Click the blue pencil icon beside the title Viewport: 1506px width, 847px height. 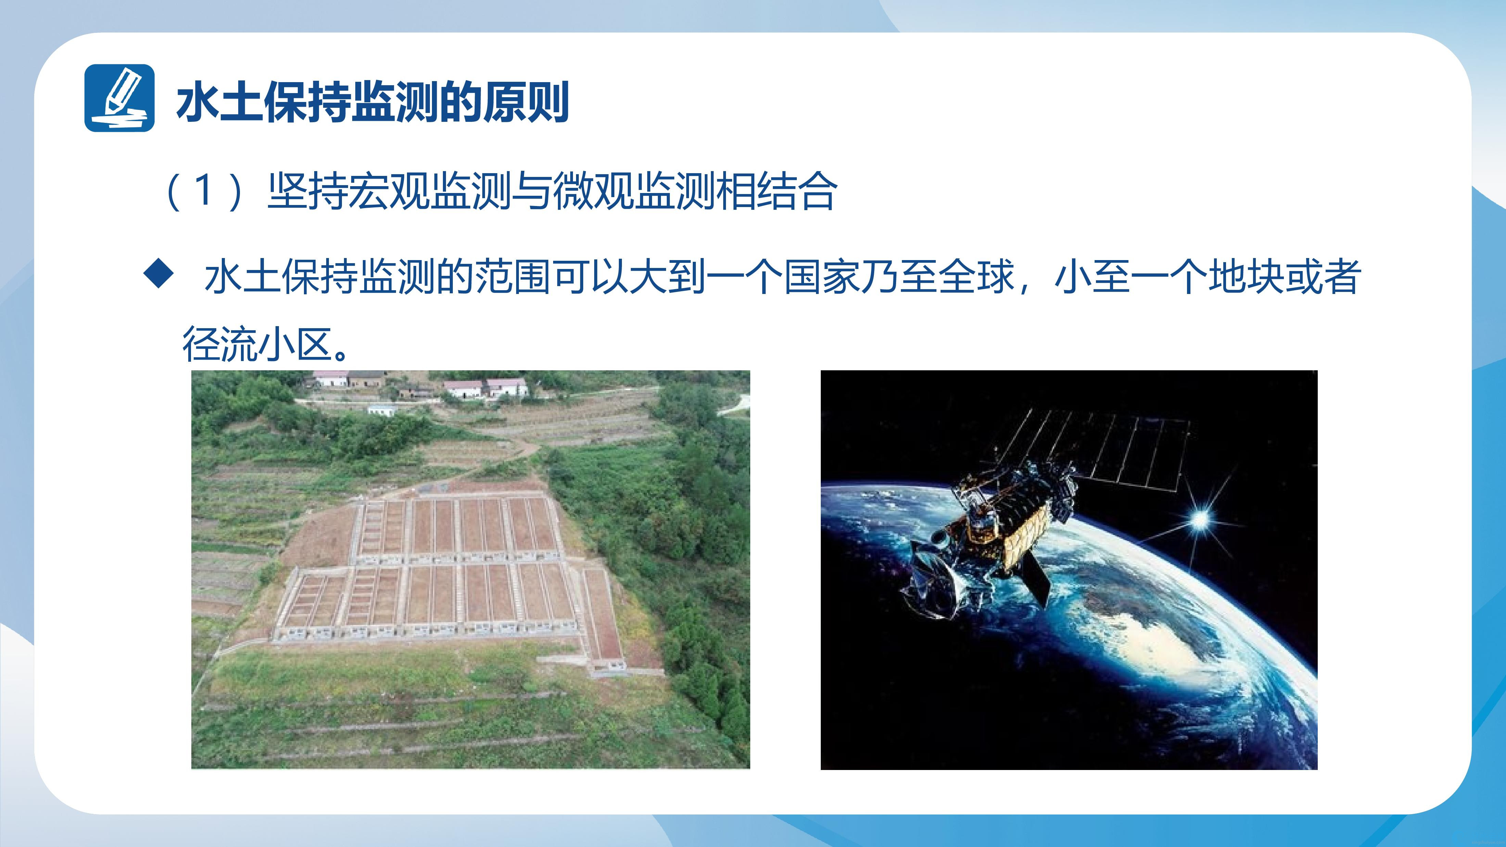(119, 98)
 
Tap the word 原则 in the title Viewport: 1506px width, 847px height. (526, 103)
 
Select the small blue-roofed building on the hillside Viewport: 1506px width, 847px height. (382, 410)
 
